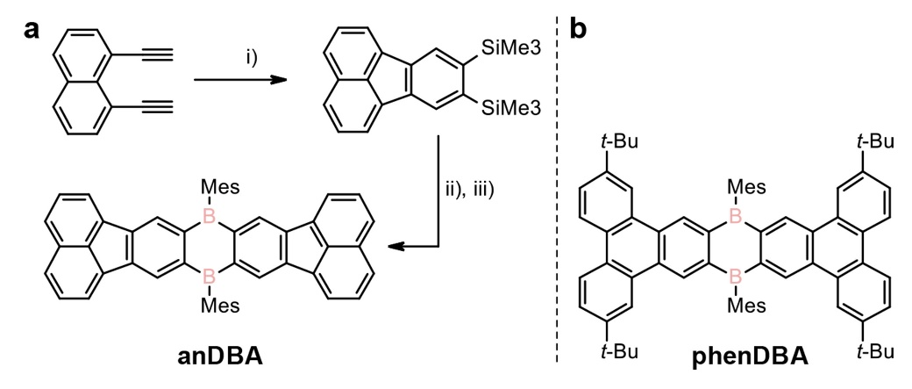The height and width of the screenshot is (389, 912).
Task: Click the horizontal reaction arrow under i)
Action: click(x=241, y=80)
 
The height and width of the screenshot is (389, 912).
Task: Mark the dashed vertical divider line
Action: click(x=557, y=193)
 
